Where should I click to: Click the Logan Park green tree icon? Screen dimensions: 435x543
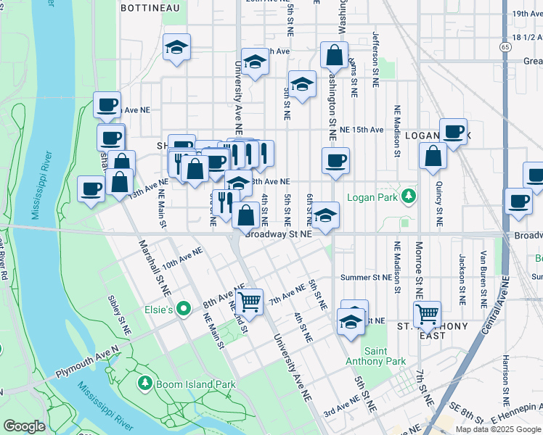(409, 196)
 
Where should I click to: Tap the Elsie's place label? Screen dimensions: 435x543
(161, 310)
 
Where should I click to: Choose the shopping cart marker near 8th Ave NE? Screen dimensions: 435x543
(249, 301)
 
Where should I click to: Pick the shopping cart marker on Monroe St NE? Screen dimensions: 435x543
(427, 314)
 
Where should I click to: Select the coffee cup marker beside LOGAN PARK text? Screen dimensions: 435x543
(454, 131)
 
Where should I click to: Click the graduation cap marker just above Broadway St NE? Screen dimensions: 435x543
(326, 215)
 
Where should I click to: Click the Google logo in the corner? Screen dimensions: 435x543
(24, 426)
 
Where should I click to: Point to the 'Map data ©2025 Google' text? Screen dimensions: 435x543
(498, 429)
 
